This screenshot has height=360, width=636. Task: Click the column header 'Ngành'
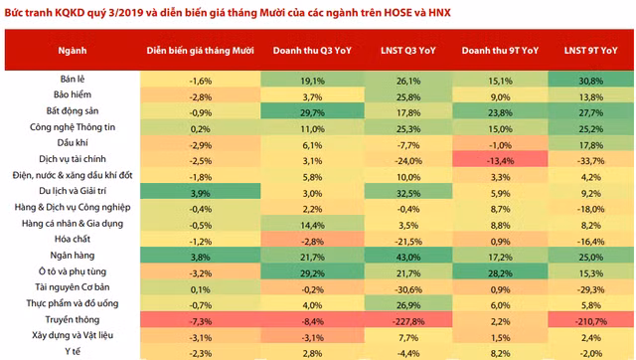(x=73, y=49)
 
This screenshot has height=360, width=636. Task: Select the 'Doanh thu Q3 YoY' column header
(x=313, y=49)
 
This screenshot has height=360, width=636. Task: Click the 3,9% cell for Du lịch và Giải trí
(x=201, y=191)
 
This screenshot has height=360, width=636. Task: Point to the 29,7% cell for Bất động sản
(x=313, y=111)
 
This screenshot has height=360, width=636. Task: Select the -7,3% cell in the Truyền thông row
(x=201, y=319)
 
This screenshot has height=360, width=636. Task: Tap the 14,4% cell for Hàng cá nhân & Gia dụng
(x=313, y=224)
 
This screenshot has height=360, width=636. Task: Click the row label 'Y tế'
(x=73, y=351)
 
